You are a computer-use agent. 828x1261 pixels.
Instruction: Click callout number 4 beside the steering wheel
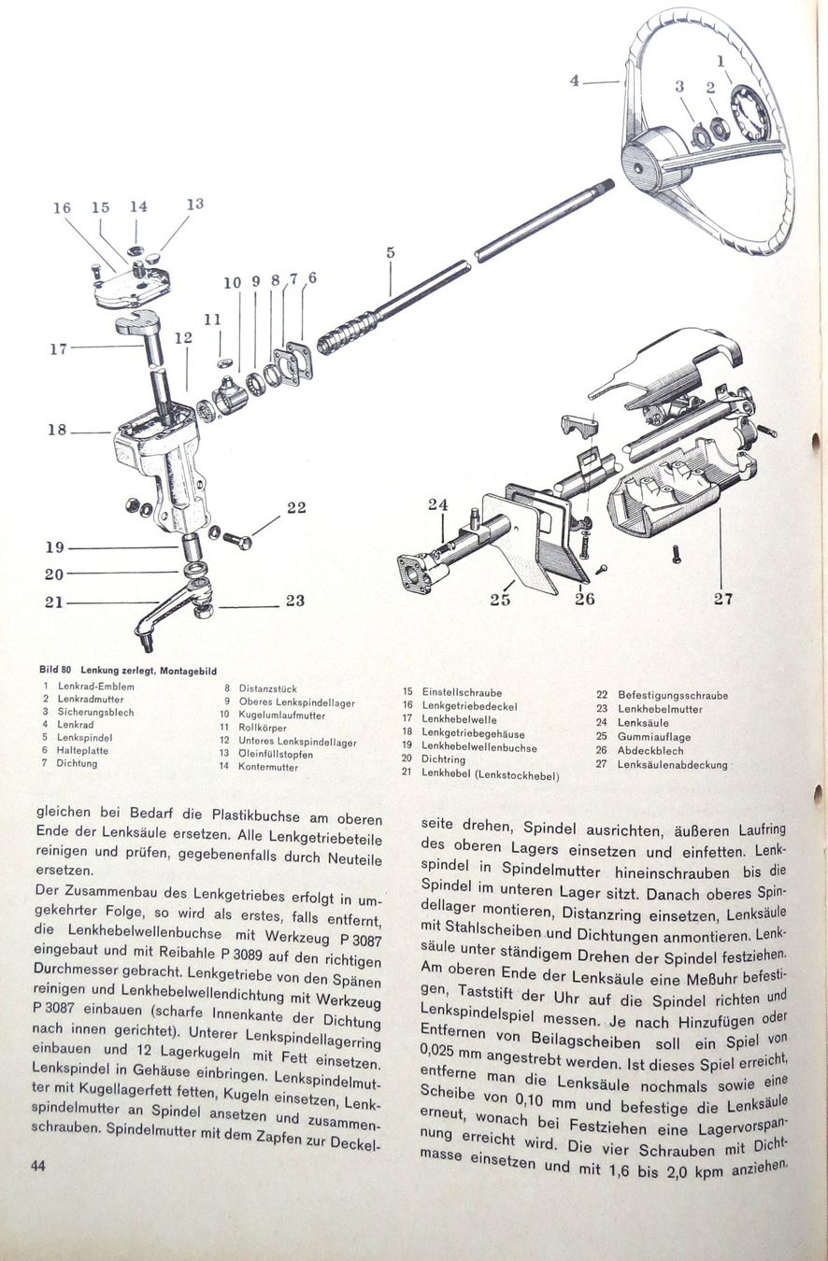pyautogui.click(x=575, y=81)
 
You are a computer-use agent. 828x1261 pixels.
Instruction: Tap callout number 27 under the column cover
pyautogui.click(x=722, y=600)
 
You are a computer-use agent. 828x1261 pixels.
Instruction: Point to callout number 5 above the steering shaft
pyautogui.click(x=391, y=252)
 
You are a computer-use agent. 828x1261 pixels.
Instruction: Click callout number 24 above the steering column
pyautogui.click(x=438, y=505)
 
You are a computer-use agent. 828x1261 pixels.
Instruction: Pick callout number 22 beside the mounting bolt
pyautogui.click(x=296, y=508)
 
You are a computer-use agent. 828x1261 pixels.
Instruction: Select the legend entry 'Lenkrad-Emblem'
pyautogui.click(x=96, y=687)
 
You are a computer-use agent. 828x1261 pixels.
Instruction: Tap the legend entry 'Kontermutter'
pyautogui.click(x=267, y=767)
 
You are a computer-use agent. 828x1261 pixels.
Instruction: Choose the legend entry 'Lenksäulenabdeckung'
pyautogui.click(x=672, y=764)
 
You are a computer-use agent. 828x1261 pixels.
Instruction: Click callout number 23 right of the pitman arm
pyautogui.click(x=295, y=601)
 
